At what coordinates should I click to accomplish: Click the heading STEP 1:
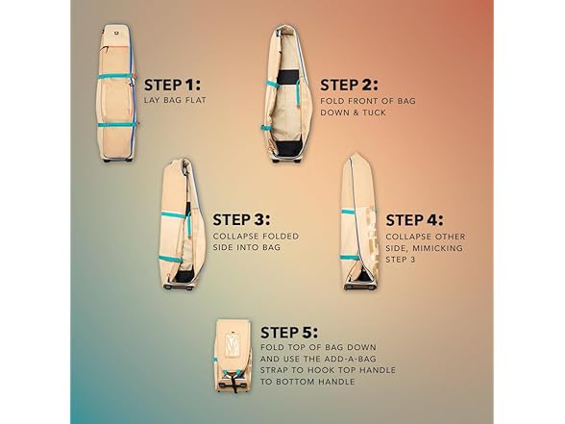172,85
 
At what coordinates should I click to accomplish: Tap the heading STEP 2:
349,85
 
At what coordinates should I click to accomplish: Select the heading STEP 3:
241,219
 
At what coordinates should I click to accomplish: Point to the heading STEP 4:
414,220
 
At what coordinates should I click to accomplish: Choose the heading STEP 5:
289,333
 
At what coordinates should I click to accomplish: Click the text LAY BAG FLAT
175,100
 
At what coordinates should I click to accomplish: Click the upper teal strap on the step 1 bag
115,76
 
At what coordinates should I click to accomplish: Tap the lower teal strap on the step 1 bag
117,125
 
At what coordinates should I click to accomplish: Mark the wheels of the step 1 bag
118,160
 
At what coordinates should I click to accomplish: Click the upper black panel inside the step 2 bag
289,77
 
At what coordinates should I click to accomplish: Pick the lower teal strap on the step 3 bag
171,259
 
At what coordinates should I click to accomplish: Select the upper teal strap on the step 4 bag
348,212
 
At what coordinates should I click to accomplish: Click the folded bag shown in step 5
233,356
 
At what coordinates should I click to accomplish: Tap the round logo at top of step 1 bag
116,32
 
